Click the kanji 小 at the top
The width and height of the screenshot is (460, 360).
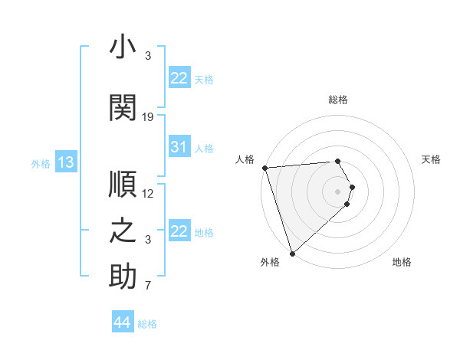pyautogui.click(x=123, y=47)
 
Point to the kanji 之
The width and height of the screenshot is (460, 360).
pyautogui.click(x=123, y=231)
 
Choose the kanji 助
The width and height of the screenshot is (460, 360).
pyautogui.click(x=123, y=277)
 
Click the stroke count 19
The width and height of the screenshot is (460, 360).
pyautogui.click(x=148, y=117)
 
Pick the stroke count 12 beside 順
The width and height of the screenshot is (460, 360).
pyautogui.click(x=148, y=194)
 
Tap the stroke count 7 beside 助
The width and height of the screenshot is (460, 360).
pyautogui.click(x=148, y=286)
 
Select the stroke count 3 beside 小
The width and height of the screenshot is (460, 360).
pyautogui.click(x=148, y=57)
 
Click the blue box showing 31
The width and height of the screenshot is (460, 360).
pyautogui.click(x=179, y=147)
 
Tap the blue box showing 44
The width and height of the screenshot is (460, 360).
pyautogui.click(x=122, y=322)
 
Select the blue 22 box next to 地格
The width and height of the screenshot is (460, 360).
pyautogui.click(x=179, y=231)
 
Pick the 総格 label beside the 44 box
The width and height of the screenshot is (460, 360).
pyautogui.click(x=147, y=324)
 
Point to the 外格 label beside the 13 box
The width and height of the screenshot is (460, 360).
pyautogui.click(x=41, y=163)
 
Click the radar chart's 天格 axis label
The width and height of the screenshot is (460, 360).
pyautogui.click(x=431, y=159)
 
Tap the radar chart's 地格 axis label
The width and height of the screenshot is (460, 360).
pyautogui.click(x=402, y=262)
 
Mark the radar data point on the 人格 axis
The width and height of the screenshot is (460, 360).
pyautogui.click(x=264, y=168)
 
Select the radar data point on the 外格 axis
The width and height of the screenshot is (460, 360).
pyautogui.click(x=292, y=252)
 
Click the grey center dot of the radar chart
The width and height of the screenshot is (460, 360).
pyautogui.click(x=337, y=191)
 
